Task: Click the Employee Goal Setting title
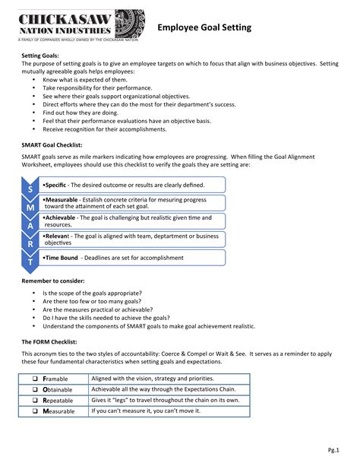pos(204,27)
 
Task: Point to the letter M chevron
pos(30,206)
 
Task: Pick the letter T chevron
pos(30,261)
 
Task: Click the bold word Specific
pos(56,184)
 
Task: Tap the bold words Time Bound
pos(62,258)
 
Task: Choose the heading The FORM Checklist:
pos(52,342)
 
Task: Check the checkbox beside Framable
pos(35,379)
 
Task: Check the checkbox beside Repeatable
pos(35,400)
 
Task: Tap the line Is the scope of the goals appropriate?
pos(93,293)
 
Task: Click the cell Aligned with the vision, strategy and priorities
pos(153,379)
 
